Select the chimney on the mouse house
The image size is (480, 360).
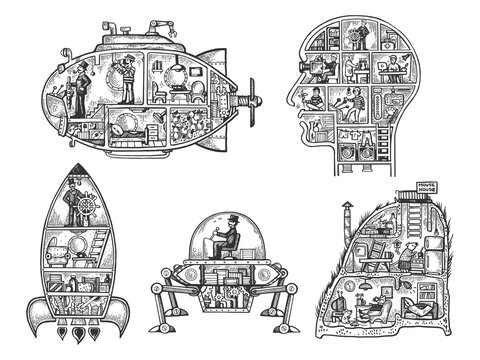(342, 214)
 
